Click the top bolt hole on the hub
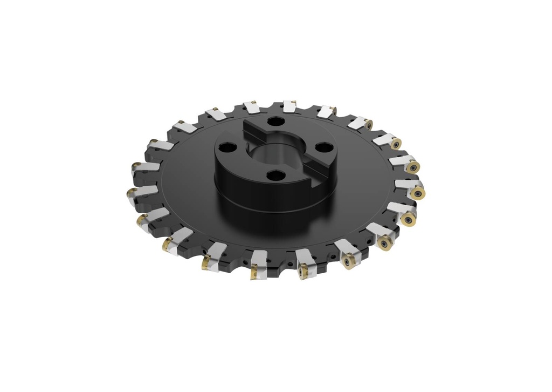[275, 122]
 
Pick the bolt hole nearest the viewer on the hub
[275, 175]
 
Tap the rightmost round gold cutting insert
[417, 193]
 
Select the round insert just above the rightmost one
[413, 167]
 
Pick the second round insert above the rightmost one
[396, 144]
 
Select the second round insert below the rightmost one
[385, 244]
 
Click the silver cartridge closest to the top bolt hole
[289, 106]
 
